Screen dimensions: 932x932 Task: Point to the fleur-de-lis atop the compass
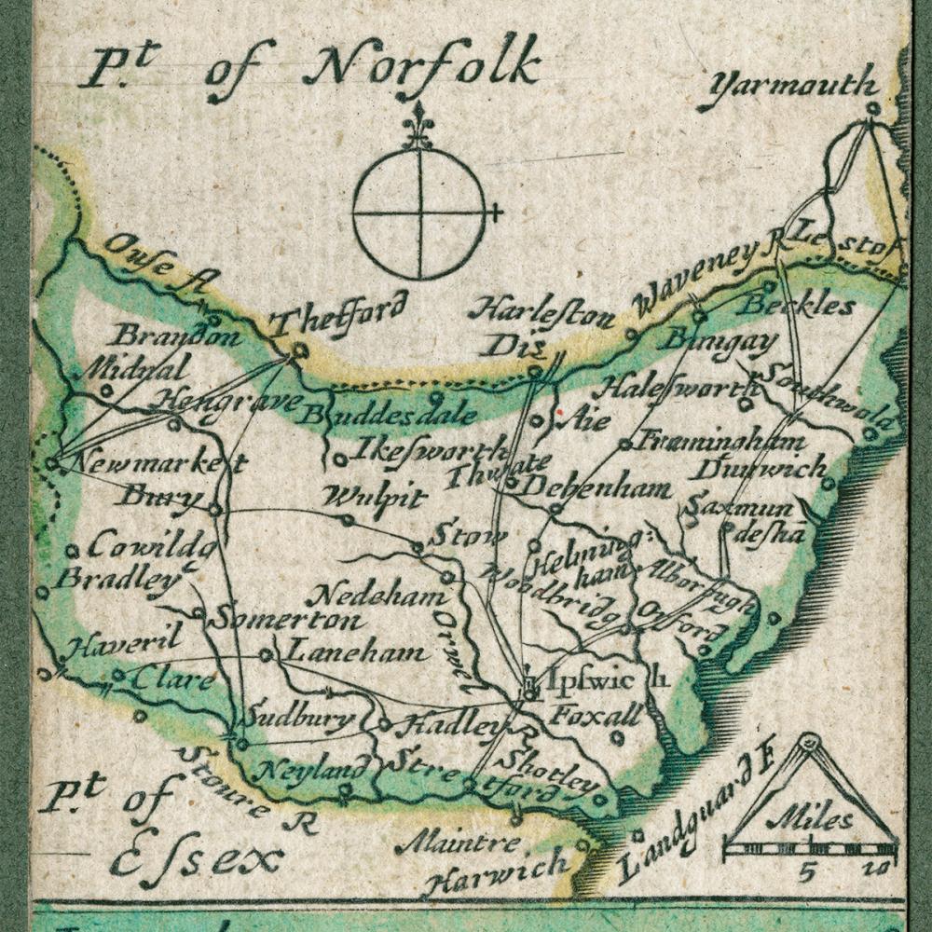pos(418,127)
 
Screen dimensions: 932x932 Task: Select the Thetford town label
pos(339,313)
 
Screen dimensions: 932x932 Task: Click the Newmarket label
pos(157,461)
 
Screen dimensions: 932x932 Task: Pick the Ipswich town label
pos(596,678)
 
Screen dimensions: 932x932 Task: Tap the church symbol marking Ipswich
pos(530,688)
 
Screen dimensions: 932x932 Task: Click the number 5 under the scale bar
pos(808,872)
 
